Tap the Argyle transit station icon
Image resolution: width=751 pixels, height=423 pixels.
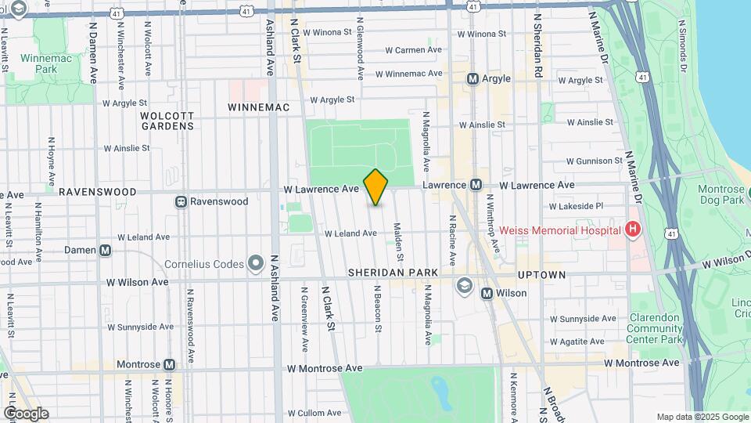(473, 78)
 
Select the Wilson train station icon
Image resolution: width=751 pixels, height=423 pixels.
(487, 293)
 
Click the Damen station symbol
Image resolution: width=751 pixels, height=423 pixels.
(106, 250)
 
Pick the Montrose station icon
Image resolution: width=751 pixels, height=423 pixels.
(170, 365)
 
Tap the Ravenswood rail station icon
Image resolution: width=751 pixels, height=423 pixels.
(181, 201)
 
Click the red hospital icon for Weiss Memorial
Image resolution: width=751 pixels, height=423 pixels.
(633, 230)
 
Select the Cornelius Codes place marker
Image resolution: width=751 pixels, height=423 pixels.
(255, 264)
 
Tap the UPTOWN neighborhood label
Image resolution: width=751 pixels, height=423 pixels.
(541, 275)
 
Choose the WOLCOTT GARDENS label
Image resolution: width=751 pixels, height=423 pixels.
(167, 121)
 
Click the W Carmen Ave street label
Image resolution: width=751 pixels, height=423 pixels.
(414, 50)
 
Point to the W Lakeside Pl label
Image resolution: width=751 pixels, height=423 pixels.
(577, 206)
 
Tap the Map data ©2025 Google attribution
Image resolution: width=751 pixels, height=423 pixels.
(702, 417)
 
